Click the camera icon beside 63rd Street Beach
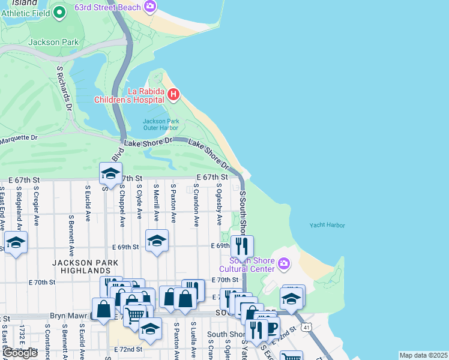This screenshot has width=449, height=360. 150,7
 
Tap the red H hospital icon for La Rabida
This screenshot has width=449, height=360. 173,94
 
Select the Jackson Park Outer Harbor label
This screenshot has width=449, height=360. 160,124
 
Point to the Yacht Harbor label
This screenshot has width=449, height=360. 327,225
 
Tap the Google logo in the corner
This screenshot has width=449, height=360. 20,353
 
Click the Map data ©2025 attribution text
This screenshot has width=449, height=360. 423,355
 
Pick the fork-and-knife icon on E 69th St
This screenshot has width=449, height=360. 242,245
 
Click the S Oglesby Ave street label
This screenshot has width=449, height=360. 219,203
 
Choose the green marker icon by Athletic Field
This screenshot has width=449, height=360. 59,11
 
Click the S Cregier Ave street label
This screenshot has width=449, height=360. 37,206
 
